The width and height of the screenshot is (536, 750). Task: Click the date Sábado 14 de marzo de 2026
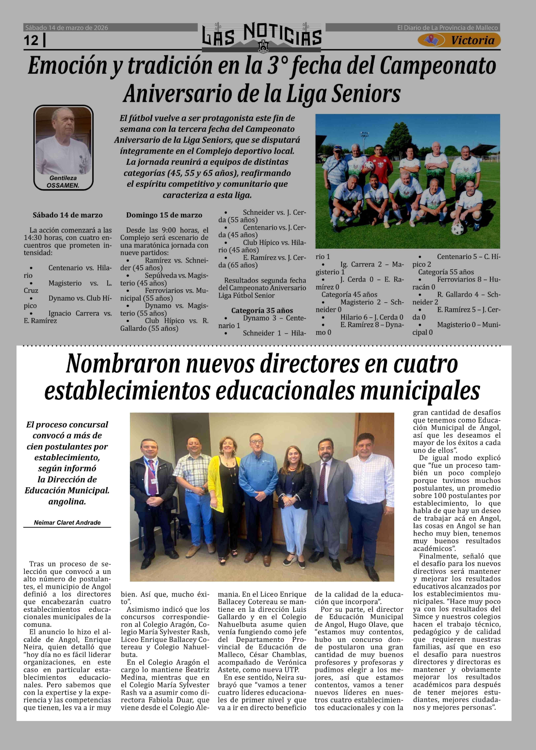click(x=67, y=28)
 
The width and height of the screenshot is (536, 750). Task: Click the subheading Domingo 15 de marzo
click(x=164, y=215)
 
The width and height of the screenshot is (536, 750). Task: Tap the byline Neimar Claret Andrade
click(x=67, y=522)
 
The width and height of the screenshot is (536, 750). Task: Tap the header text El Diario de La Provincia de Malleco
click(x=447, y=28)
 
